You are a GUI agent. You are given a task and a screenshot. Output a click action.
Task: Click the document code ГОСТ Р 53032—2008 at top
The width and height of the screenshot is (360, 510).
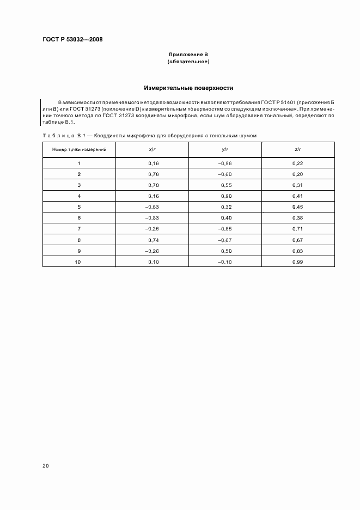click(x=72, y=40)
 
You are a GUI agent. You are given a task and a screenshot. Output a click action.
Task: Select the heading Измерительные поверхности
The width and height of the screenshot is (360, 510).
click(x=188, y=87)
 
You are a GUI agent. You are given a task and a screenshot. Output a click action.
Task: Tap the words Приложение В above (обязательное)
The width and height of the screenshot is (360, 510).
click(x=188, y=55)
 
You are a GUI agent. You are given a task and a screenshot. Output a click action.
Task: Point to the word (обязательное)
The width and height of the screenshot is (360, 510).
click(x=188, y=62)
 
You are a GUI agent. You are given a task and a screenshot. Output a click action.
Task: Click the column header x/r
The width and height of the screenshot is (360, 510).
click(x=152, y=149)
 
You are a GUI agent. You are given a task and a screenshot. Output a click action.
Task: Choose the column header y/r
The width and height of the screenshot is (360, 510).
click(x=225, y=149)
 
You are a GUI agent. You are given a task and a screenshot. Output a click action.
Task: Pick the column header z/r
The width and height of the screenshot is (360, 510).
click(x=297, y=149)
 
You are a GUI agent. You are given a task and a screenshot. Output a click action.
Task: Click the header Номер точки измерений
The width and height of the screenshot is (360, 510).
click(x=79, y=149)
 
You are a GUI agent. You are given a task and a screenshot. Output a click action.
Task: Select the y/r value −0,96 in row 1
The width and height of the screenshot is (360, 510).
click(x=225, y=163)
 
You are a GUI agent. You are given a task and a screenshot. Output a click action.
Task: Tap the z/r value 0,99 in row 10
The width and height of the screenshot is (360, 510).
click(x=297, y=262)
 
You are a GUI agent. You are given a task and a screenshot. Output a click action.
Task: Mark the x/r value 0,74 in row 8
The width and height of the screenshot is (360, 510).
click(x=152, y=240)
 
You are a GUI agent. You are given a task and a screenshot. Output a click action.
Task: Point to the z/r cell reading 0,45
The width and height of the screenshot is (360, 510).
click(x=297, y=207)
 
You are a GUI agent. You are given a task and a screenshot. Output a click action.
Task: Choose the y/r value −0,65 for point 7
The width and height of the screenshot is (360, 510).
click(x=225, y=229)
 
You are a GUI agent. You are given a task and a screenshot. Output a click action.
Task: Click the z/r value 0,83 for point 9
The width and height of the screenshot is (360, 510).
click(x=297, y=251)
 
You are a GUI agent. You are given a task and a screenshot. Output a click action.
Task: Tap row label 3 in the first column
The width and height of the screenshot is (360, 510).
click(x=79, y=185)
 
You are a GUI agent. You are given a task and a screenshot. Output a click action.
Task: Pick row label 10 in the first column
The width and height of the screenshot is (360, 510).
click(x=79, y=262)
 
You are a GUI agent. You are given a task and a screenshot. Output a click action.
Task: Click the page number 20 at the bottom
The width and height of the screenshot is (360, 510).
click(x=45, y=466)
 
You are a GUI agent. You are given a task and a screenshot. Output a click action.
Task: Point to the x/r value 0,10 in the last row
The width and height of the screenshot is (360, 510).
click(x=152, y=262)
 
